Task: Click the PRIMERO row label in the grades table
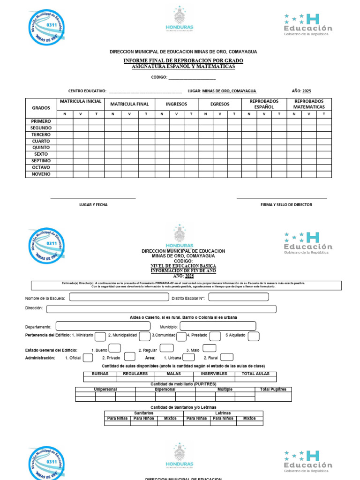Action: point(41,121)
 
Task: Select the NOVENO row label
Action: point(41,174)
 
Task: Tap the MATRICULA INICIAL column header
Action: point(81,102)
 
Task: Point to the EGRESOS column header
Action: point(220,104)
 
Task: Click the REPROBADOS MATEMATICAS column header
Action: point(309,104)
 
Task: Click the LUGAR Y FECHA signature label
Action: point(93,205)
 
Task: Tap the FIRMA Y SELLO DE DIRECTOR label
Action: point(286,205)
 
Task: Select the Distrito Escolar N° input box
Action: point(238,297)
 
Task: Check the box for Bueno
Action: point(115,348)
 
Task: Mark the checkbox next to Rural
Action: point(227,357)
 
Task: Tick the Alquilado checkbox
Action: point(254,336)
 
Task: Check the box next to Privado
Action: point(130,357)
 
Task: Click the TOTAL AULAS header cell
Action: point(256,374)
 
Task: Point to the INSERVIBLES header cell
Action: point(214,374)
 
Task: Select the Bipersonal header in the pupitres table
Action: point(165,390)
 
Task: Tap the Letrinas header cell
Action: point(223,413)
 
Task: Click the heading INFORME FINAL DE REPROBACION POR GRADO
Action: point(183,61)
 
